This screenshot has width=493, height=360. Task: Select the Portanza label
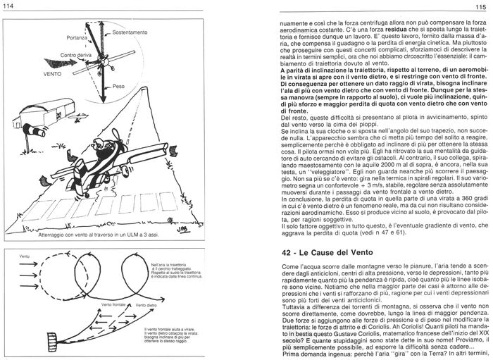tap(78, 37)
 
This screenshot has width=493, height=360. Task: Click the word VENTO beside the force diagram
tap(33, 73)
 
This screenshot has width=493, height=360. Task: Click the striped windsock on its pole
tap(33, 130)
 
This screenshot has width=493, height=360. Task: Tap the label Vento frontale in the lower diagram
tap(114, 304)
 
